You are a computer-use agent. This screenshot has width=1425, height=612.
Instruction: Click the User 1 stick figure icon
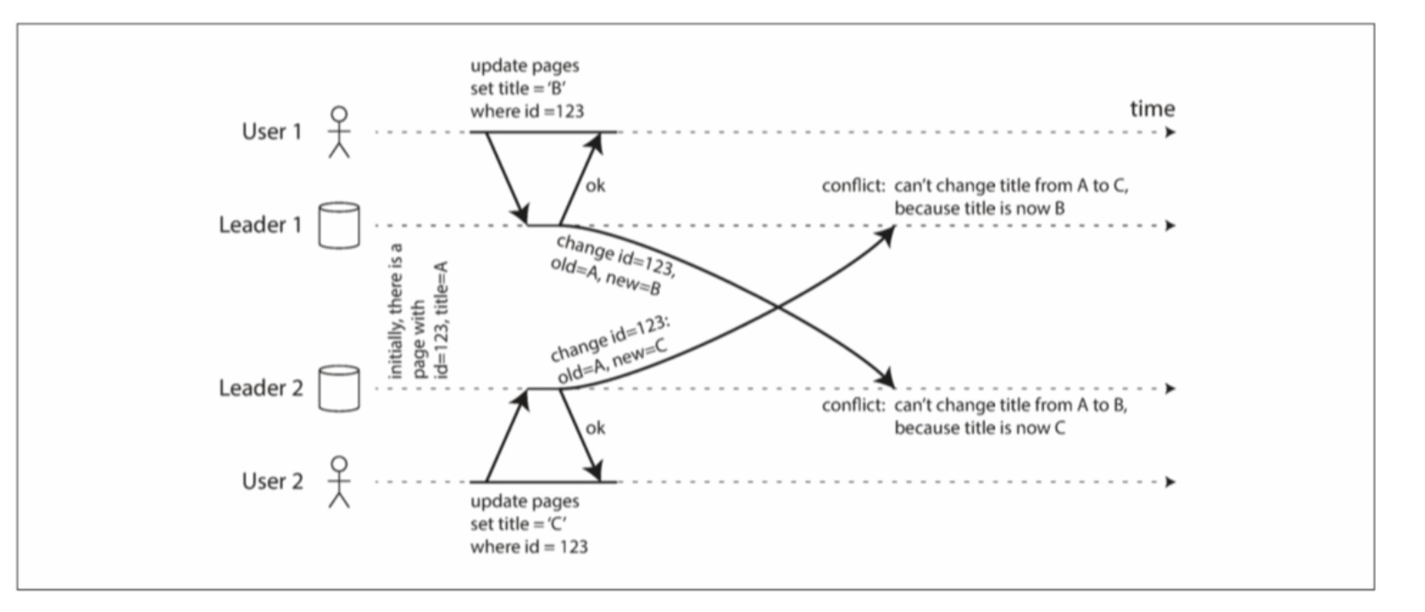(x=339, y=132)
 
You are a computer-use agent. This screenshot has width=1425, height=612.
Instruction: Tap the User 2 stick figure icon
(x=339, y=482)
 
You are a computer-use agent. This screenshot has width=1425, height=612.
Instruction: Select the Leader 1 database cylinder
(x=339, y=226)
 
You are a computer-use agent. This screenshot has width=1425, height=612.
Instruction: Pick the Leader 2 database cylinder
(x=339, y=388)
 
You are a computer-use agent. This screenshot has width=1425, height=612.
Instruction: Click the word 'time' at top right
(x=1152, y=110)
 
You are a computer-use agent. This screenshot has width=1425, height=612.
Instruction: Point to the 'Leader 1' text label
(x=261, y=225)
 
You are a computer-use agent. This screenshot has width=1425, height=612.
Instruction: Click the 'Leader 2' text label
(x=261, y=388)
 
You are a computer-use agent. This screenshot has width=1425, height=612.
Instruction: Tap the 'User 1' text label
(x=271, y=132)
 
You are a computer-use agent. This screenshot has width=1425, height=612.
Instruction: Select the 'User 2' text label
(x=271, y=482)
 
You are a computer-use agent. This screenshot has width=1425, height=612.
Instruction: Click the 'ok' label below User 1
(x=595, y=186)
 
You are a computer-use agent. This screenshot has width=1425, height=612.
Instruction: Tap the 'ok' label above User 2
(x=595, y=428)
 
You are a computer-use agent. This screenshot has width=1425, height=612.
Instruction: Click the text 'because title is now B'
(x=979, y=209)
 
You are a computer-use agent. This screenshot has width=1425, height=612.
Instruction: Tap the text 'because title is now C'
(x=979, y=428)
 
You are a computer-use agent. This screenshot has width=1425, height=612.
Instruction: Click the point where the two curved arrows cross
(x=776, y=309)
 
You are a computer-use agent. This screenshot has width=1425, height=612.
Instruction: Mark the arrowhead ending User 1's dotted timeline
(x=1171, y=133)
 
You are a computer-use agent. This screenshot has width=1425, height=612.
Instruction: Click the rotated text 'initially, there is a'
(x=398, y=310)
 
